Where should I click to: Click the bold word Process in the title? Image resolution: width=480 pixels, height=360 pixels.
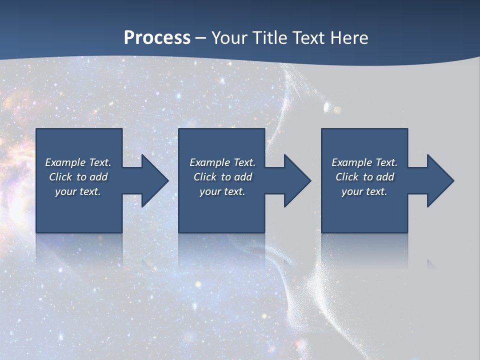(157, 38)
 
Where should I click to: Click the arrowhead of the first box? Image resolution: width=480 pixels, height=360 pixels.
(154, 180)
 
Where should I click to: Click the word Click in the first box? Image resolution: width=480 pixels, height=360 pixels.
(60, 177)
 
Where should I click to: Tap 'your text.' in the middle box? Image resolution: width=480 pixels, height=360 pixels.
(222, 191)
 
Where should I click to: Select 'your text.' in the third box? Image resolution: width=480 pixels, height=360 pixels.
(364, 191)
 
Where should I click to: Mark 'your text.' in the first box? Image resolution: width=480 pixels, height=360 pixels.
(78, 191)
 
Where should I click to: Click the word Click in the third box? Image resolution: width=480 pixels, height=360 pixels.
(347, 177)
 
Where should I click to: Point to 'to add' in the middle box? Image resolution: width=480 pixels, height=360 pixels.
(236, 177)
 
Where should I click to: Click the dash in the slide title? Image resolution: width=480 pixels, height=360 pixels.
(200, 38)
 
